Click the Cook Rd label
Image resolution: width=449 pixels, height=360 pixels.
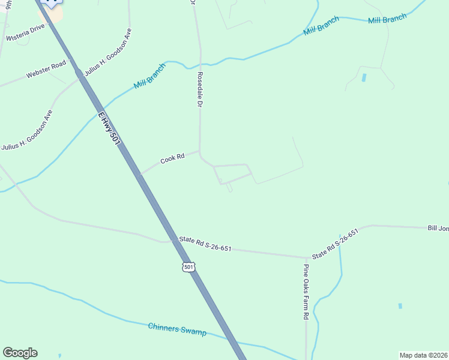click(171, 160)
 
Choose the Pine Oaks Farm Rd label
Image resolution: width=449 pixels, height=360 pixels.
click(306, 292)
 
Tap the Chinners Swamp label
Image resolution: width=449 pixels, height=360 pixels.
click(177, 329)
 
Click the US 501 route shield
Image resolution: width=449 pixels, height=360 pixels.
click(189, 266)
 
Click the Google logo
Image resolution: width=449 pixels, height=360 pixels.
click(20, 353)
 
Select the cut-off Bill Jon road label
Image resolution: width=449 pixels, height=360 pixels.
click(438, 228)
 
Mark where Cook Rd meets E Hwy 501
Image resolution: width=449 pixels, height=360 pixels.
click(140, 175)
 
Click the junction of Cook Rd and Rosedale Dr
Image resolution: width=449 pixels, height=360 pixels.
click(200, 152)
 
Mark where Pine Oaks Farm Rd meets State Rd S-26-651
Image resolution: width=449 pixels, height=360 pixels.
click(306, 257)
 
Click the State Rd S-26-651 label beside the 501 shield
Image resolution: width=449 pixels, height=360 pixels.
click(205, 244)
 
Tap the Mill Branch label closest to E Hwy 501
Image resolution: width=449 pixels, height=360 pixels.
click(149, 77)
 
